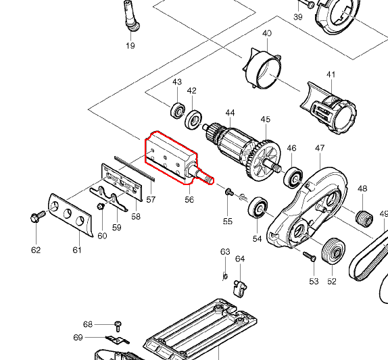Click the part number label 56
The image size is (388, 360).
point(189,199)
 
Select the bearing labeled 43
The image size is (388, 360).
point(178,110)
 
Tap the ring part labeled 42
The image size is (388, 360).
point(193,120)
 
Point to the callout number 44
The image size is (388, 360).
point(230,113)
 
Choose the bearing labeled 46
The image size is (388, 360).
point(293,177)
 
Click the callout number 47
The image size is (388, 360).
point(320,148)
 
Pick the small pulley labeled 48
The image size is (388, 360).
point(364,219)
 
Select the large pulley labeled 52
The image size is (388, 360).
point(333,251)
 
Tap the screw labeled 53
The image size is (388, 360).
point(310,256)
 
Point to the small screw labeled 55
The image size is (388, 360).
point(229,192)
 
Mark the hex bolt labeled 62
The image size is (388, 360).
point(38,216)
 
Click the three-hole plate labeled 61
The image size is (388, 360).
point(71,215)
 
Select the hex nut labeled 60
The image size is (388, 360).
point(101,206)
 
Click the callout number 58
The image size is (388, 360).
point(136,217)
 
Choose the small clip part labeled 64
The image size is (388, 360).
point(240,288)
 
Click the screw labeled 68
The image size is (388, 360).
point(118,326)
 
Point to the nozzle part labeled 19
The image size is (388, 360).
point(130,16)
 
